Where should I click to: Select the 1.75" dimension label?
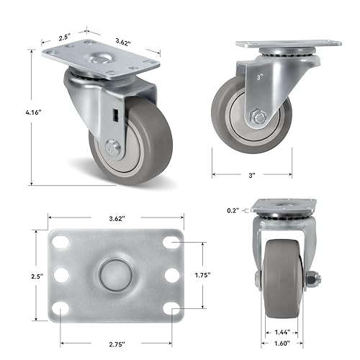212,274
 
